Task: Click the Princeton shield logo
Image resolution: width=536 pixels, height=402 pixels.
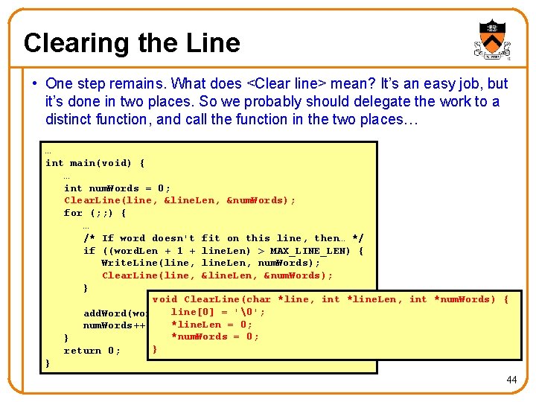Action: pos(492,39)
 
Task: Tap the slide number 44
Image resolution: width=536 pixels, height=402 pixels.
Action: pos(511,380)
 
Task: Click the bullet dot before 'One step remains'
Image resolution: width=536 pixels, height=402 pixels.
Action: pos(36,84)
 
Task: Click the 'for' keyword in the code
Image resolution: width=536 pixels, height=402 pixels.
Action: pos(73,213)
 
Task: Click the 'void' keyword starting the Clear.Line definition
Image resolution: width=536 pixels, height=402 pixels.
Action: pos(165,299)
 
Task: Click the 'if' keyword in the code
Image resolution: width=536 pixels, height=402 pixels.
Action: pos(89,251)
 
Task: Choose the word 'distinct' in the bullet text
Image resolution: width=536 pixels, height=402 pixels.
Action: pos(69,119)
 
